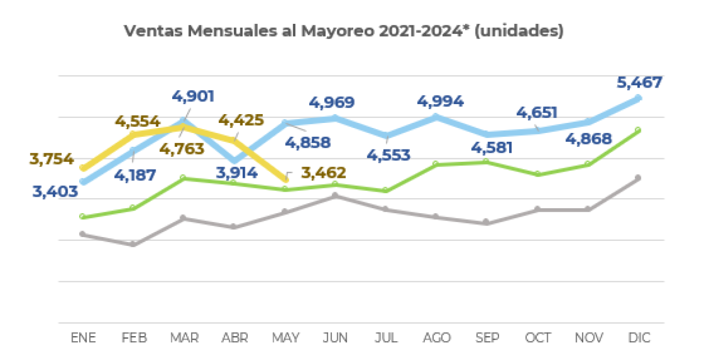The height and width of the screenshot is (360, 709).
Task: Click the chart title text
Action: pos(343,30)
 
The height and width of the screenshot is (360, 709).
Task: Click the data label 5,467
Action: pos(639,83)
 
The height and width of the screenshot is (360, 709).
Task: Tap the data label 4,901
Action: pos(192,96)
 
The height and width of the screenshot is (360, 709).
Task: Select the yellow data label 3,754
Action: pos(52,159)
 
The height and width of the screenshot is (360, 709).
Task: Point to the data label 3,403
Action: pos(55,193)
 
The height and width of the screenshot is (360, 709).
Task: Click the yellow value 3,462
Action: pos(323,173)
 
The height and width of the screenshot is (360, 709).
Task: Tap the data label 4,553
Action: pos(388,155)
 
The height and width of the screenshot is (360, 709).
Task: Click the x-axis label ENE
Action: pos(83,338)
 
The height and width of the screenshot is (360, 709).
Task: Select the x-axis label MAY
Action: pos(286,338)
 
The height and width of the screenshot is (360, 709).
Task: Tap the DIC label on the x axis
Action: pos(639,338)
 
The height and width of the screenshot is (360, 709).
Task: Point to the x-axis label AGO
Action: pos(436,338)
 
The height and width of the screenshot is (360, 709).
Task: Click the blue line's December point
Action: pos(638,98)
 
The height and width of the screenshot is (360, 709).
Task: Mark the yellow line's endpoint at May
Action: pos(286,179)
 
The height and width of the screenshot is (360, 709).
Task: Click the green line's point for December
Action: pos(638,130)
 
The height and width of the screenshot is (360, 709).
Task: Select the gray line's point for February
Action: pos(133,244)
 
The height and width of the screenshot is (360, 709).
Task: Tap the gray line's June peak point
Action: pos(335,196)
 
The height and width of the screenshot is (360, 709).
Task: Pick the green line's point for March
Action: pos(183,178)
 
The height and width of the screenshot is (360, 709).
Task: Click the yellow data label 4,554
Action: pos(137,121)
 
